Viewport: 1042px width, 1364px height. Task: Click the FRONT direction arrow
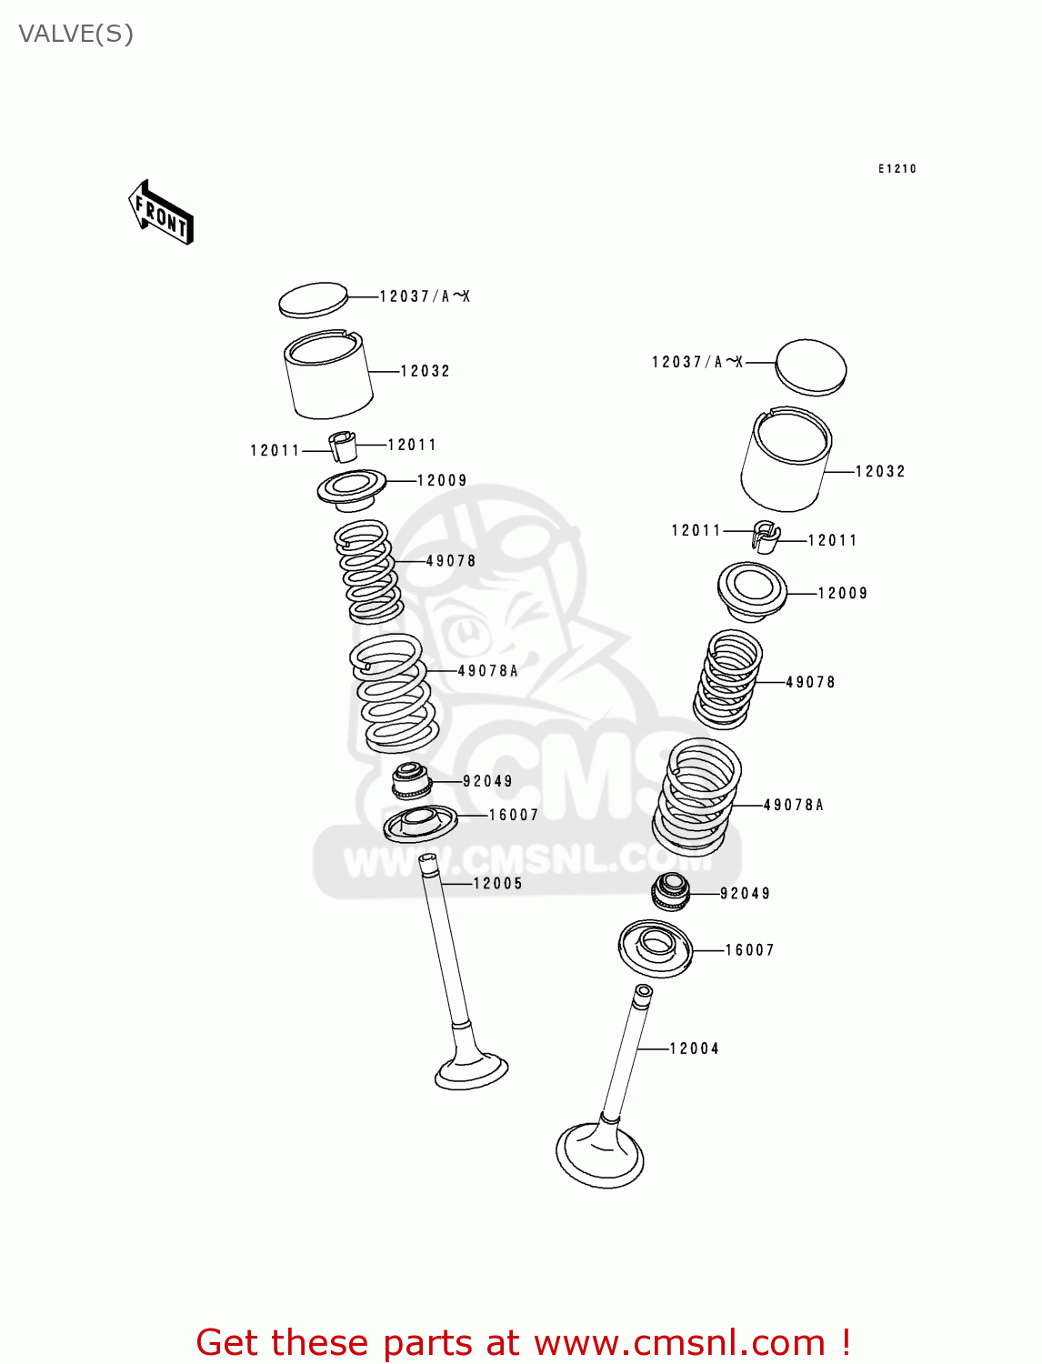point(162,213)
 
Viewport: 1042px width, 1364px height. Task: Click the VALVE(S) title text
point(75,34)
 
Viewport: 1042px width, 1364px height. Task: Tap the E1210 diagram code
point(897,168)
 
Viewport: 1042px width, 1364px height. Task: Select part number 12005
point(497,883)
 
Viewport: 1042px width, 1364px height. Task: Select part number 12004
point(694,1048)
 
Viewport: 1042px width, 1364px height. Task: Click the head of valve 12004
point(600,1156)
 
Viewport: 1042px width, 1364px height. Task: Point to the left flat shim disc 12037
point(314,300)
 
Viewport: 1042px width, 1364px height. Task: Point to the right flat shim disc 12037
point(810,367)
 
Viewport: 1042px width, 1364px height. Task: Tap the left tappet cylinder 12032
point(328,376)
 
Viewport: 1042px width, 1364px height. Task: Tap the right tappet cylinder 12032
point(786,460)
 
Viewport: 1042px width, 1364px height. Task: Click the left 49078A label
point(487,670)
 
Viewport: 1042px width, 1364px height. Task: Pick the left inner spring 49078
point(367,571)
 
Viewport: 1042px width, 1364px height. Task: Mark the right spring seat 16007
point(656,948)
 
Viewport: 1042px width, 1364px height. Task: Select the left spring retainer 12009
point(352,488)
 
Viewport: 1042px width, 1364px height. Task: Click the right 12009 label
point(842,593)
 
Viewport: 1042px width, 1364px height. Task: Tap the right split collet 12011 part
point(766,537)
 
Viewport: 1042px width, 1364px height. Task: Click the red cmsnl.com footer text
point(523,1342)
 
